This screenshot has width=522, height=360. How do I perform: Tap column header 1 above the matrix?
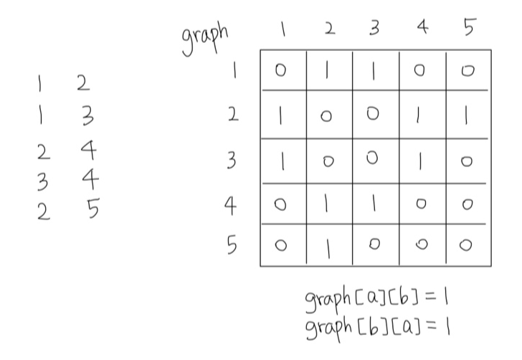(283, 30)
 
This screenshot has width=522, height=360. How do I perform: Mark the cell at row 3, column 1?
(284, 161)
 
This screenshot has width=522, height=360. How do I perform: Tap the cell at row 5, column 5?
(468, 246)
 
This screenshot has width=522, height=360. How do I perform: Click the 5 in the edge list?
(92, 210)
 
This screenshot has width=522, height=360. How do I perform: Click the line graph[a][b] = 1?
(381, 298)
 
